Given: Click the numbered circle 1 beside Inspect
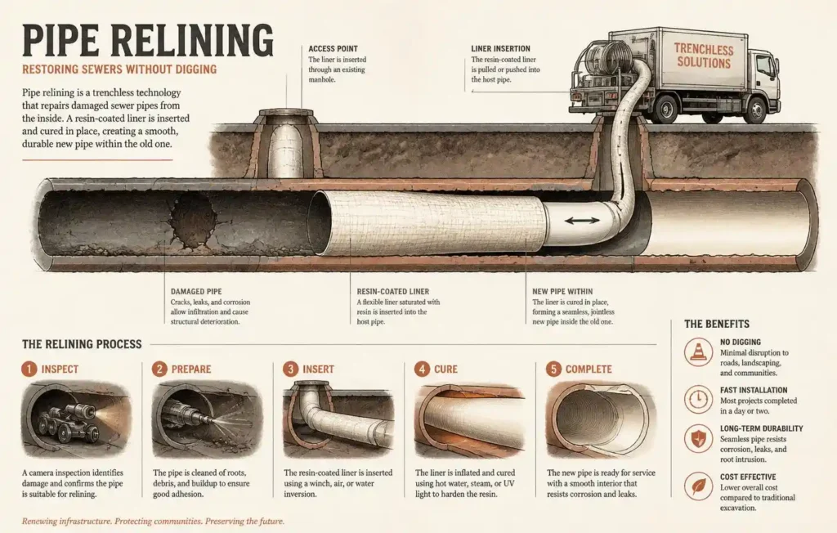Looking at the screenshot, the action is tap(29, 369).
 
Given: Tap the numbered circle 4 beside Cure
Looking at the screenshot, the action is tap(422, 369).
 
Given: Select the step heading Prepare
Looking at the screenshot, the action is tap(191, 369).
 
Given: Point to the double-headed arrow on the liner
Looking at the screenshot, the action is tap(582, 220).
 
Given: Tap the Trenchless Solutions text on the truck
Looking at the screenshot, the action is tap(704, 56).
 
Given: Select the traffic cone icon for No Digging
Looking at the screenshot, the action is tap(698, 352).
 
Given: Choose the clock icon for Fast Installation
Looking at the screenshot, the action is tap(698, 399).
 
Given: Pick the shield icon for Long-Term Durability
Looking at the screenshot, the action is tap(698, 439).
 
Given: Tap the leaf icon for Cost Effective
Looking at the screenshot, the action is tap(698, 486).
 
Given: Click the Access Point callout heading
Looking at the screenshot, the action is tap(333, 48).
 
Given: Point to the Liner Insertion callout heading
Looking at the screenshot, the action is tap(501, 48).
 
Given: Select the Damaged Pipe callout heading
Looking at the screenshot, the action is tap(196, 292).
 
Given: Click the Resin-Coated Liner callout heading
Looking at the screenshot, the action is tap(393, 292).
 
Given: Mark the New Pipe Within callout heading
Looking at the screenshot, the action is tap(562, 292).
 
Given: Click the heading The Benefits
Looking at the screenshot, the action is tap(717, 325).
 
